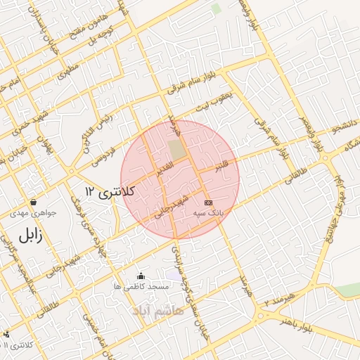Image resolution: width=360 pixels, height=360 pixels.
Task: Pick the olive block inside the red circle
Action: pos(176,150)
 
